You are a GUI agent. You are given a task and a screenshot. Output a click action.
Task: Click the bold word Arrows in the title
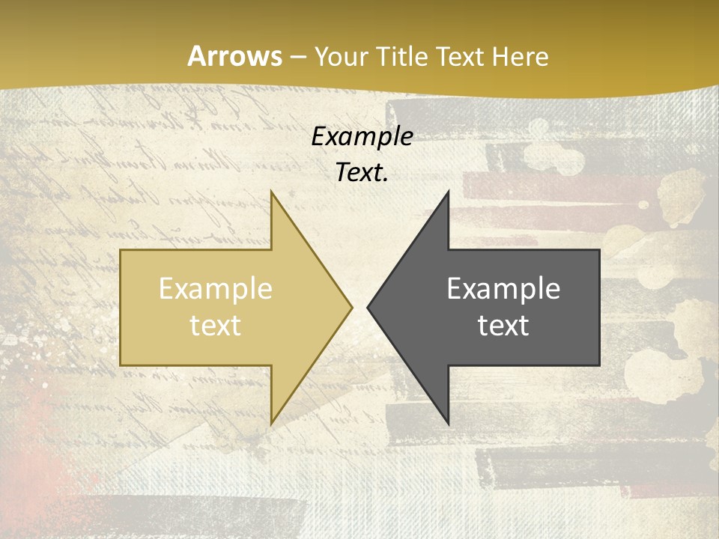[x=235, y=56]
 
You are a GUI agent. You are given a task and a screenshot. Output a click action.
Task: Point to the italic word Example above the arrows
[x=362, y=136]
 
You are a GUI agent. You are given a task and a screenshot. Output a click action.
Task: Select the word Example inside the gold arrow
[x=216, y=289]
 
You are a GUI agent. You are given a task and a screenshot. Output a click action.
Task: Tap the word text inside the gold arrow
[x=216, y=326]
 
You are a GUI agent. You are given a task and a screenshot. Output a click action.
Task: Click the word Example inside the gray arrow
[x=503, y=289]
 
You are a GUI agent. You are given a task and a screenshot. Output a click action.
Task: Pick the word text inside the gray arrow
[x=503, y=326]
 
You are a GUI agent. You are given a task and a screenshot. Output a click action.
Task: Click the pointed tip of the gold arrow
[x=352, y=307]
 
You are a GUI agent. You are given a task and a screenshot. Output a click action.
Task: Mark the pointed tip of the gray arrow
[x=368, y=307]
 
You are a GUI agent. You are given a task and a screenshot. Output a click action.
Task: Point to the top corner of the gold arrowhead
[x=271, y=192]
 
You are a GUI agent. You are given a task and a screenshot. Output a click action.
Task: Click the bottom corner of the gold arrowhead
[x=271, y=424]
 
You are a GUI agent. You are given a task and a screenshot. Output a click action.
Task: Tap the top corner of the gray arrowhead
[x=448, y=192]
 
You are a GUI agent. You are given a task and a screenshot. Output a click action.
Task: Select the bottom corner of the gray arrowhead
[x=448, y=424]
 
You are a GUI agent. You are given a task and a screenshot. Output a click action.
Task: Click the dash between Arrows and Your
[x=299, y=58]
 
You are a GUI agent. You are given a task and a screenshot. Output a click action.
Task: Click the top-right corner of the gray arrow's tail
[x=599, y=250]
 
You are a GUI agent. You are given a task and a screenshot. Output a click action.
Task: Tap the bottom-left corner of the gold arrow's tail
[x=121, y=365]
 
